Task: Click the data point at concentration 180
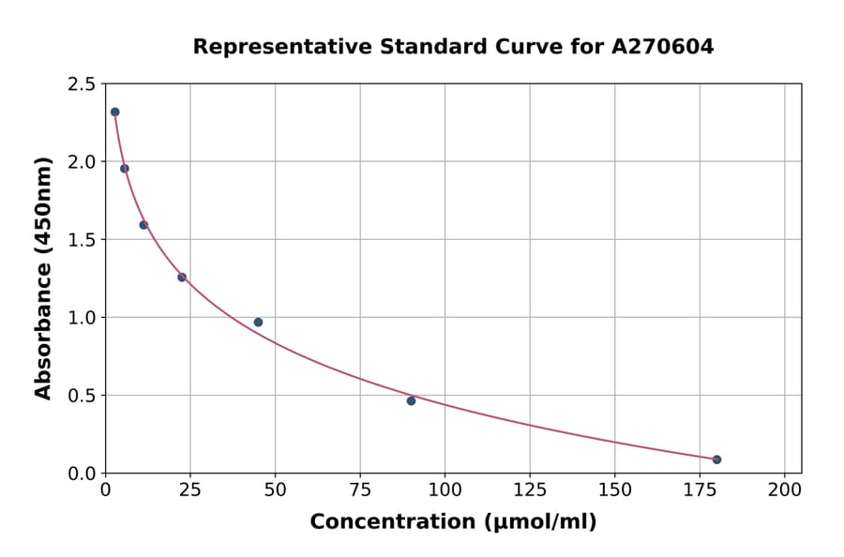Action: pyautogui.click(x=716, y=459)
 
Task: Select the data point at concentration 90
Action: pyautogui.click(x=411, y=400)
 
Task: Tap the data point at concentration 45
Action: pyautogui.click(x=258, y=322)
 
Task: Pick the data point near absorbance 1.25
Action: pyautogui.click(x=182, y=277)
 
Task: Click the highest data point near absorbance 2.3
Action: pyautogui.click(x=114, y=112)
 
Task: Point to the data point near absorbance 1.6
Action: pyautogui.click(x=143, y=225)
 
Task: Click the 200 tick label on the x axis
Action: pyautogui.click(x=785, y=490)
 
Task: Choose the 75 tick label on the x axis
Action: pyautogui.click(x=360, y=490)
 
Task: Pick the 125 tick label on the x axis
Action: pyautogui.click(x=530, y=490)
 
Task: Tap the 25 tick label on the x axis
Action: pyautogui.click(x=190, y=490)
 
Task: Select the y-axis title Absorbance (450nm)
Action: pyautogui.click(x=43, y=278)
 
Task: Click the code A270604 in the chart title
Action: pyautogui.click(x=663, y=46)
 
